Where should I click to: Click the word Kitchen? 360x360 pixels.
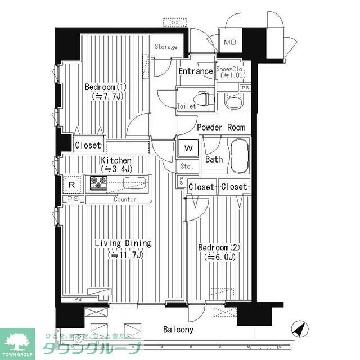tap(116, 160)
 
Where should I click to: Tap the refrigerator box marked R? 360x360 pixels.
tap(72, 184)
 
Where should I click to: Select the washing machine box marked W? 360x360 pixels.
tap(188, 149)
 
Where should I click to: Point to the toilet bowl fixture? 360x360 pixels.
tap(208, 98)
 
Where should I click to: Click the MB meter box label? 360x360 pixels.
tap(231, 43)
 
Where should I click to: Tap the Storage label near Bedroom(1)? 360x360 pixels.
tap(166, 47)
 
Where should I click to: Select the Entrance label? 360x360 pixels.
tap(195, 71)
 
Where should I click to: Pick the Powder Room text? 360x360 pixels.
tap(220, 128)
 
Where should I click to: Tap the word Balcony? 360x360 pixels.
tap(178, 330)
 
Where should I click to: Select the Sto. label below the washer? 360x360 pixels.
tap(187, 166)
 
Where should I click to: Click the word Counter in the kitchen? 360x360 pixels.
tap(125, 199)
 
